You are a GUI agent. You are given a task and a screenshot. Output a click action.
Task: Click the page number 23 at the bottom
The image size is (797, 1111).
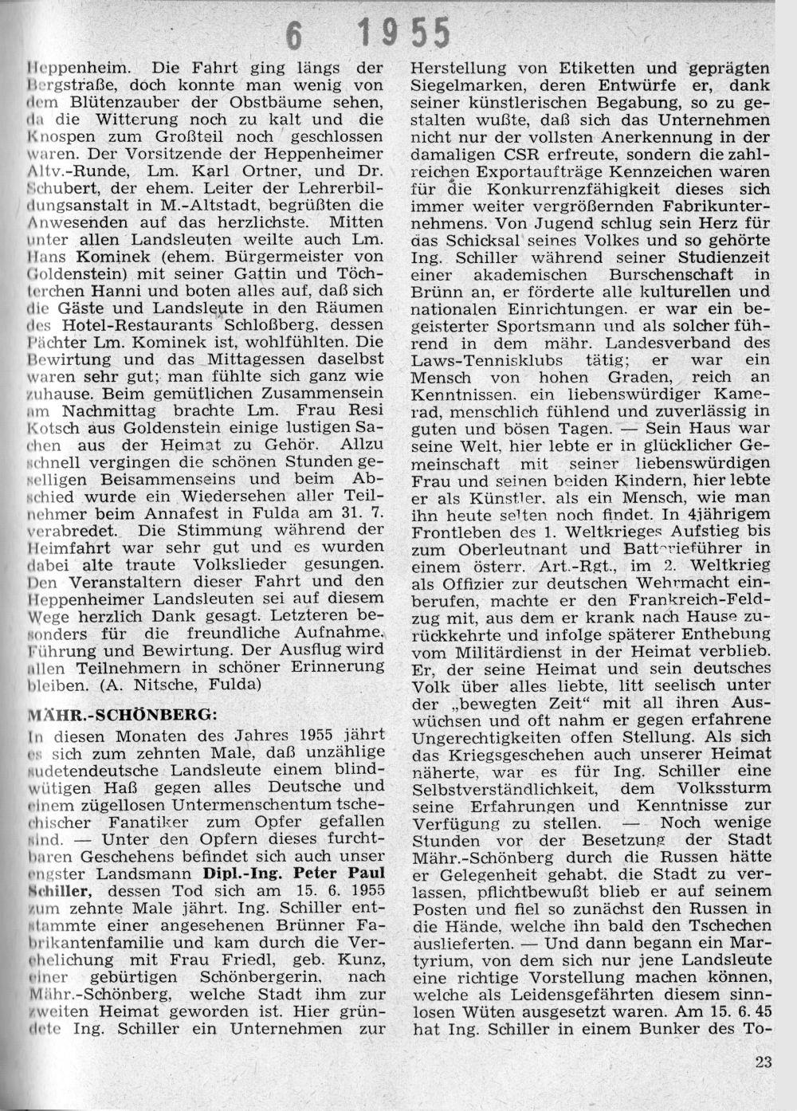[762, 1062]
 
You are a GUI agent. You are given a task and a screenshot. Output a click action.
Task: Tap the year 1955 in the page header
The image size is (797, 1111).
[404, 33]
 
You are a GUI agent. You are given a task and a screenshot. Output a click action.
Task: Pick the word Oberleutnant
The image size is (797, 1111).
[523, 549]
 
